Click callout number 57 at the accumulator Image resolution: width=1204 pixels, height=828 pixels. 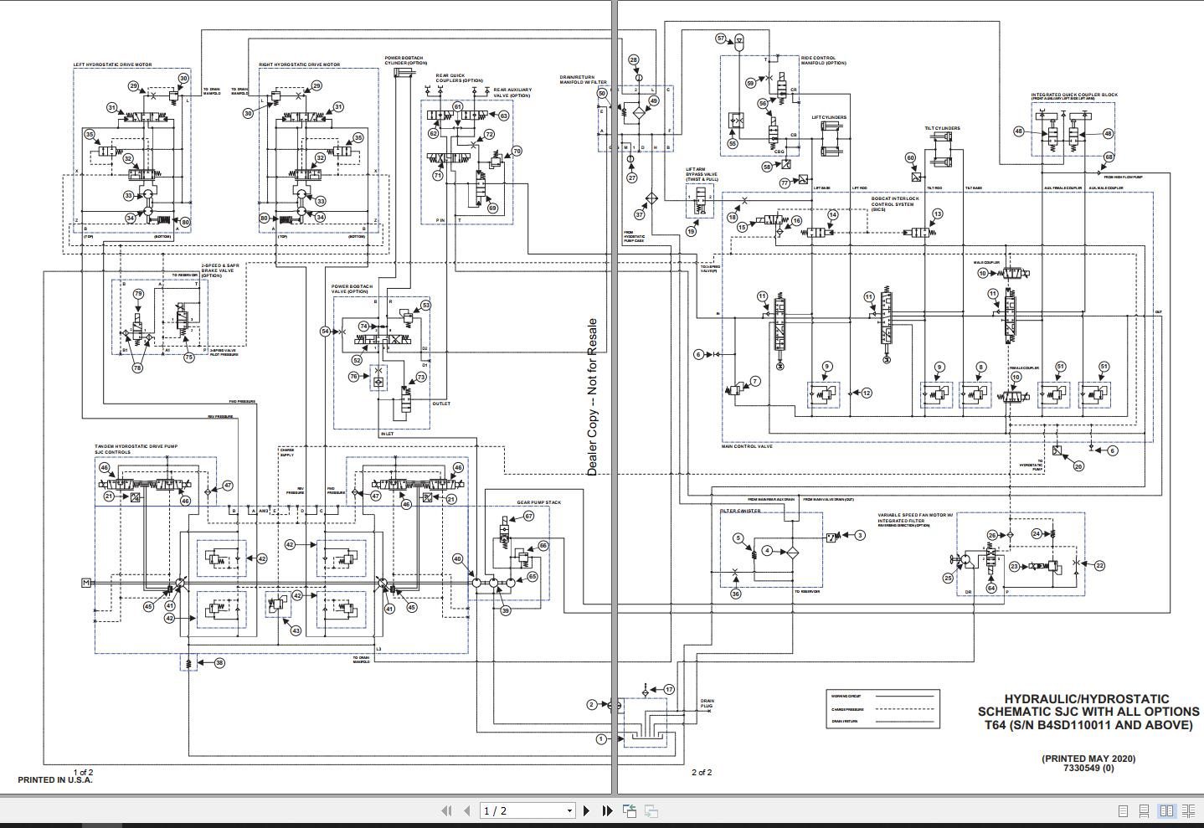pyautogui.click(x=720, y=39)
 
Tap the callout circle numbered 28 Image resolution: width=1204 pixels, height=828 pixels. pyautogui.click(x=633, y=59)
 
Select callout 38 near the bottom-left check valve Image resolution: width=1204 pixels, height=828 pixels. pyautogui.click(x=219, y=663)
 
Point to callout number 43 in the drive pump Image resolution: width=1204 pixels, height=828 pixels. pyautogui.click(x=295, y=631)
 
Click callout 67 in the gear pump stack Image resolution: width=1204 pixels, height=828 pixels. pyautogui.click(x=528, y=517)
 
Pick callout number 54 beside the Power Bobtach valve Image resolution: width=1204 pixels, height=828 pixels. pyautogui.click(x=326, y=332)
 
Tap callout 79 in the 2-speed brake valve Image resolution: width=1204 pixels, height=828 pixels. pyautogui.click(x=138, y=294)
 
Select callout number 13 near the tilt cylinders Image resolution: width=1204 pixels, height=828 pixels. pyautogui.click(x=937, y=214)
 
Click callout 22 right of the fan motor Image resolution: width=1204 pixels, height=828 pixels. pyautogui.click(x=1099, y=566)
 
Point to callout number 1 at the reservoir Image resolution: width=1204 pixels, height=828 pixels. pyautogui.click(x=600, y=738)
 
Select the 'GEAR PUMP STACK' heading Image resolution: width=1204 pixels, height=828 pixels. pyautogui.click(x=538, y=502)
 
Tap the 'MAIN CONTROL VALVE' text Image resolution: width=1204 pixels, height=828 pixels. pyautogui.click(x=747, y=446)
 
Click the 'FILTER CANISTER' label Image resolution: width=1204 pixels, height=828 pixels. pyautogui.click(x=740, y=511)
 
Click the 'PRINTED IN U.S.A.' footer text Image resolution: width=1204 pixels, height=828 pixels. pyautogui.click(x=55, y=780)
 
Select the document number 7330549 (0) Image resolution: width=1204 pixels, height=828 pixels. pyautogui.click(x=1088, y=768)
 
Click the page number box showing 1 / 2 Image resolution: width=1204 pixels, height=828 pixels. pyautogui.click(x=527, y=810)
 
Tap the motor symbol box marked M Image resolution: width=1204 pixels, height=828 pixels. pyautogui.click(x=85, y=583)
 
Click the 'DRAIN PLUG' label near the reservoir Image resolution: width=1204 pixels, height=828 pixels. pyautogui.click(x=707, y=703)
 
